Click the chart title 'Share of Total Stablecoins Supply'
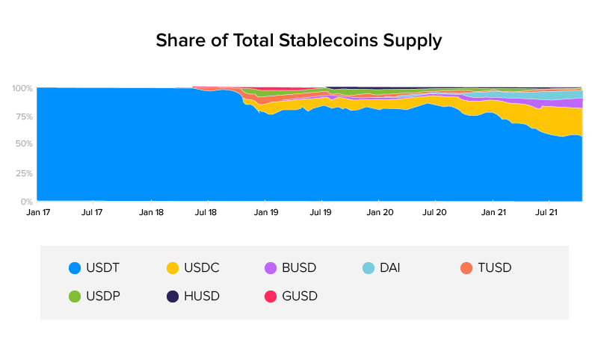point(298,40)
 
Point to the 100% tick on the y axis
point(22,88)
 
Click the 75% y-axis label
point(22,117)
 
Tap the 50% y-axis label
point(22,144)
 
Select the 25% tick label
point(22,173)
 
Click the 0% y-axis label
point(25,202)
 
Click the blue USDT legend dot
point(74,267)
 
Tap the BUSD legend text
point(299,267)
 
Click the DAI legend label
point(389,267)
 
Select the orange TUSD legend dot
point(466,267)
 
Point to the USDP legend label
point(103,296)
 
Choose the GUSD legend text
point(299,296)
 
